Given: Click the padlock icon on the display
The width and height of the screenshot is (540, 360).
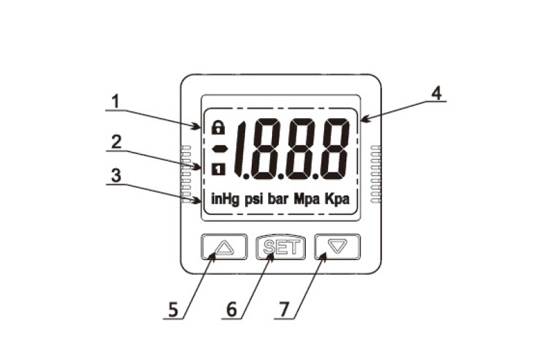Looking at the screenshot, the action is click(x=218, y=128).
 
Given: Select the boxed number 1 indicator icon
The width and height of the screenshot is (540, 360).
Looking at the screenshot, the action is click(x=218, y=170).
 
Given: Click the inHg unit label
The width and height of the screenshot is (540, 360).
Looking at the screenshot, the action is click(x=225, y=199).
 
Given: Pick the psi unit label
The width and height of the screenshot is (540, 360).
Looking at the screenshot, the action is click(x=254, y=199).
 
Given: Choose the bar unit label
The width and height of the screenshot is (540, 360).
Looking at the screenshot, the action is click(x=278, y=199).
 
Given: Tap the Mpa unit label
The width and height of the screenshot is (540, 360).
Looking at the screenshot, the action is click(x=306, y=199).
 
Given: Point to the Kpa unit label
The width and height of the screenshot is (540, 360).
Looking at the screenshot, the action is click(x=337, y=199).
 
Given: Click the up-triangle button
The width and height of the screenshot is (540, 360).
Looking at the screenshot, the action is click(x=224, y=247).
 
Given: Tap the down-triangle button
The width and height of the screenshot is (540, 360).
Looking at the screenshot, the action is click(x=337, y=247).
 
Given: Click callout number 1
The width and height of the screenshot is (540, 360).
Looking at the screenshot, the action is click(x=115, y=101).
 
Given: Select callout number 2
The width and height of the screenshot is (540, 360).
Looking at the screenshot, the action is click(x=116, y=142).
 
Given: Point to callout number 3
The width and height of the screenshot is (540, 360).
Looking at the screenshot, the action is click(x=116, y=176).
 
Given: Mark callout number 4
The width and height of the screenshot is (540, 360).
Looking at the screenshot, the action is click(x=437, y=93).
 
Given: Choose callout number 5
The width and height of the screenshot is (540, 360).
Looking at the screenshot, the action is click(x=173, y=309).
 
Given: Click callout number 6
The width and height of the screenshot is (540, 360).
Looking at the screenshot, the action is click(x=232, y=309).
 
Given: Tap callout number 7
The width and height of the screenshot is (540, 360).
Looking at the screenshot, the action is click(x=283, y=309).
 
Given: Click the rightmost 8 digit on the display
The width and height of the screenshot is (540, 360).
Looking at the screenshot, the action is click(x=335, y=149).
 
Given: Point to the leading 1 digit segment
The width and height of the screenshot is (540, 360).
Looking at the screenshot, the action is click(x=239, y=149).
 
